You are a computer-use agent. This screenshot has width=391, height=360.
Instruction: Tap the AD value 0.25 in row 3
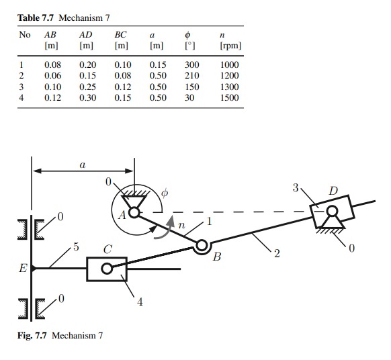click(x=87, y=87)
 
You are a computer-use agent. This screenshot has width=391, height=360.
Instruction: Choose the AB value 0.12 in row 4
click(x=52, y=98)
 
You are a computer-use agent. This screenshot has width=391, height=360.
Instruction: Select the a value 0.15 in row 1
click(x=157, y=64)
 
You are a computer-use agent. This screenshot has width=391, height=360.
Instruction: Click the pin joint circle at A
click(x=134, y=212)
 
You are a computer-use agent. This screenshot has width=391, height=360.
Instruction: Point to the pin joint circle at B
click(x=200, y=247)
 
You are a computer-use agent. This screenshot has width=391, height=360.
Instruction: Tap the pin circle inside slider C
click(x=106, y=269)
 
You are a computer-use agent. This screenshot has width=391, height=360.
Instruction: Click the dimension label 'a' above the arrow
click(x=82, y=162)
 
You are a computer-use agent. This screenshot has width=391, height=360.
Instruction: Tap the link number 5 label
click(x=76, y=246)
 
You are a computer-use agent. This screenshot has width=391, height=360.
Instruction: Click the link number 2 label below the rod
click(x=276, y=253)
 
